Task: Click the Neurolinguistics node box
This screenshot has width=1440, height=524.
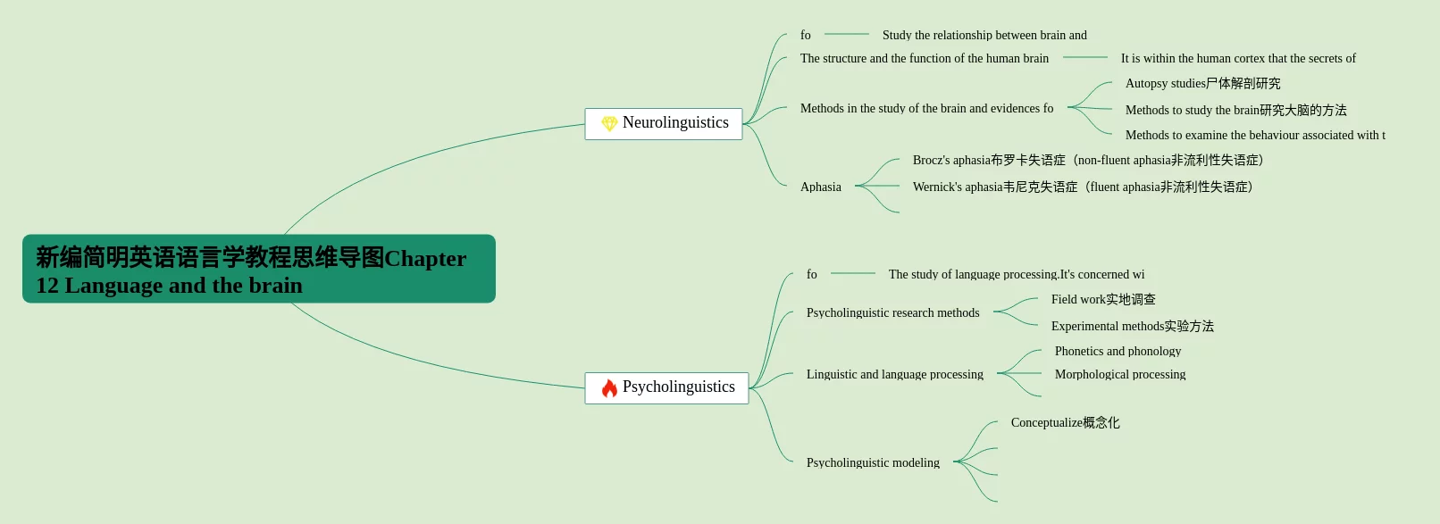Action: coord(664,123)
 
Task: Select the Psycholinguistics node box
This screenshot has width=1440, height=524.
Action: coord(666,387)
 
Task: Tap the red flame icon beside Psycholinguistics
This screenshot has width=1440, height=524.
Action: coord(609,388)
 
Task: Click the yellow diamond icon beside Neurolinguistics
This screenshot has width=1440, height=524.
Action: coord(609,123)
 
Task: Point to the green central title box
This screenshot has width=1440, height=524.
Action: coord(259,269)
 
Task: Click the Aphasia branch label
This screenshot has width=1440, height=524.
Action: coord(820,187)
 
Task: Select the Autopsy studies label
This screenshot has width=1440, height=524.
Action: coord(1202,83)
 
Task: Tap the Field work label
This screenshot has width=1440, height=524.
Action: coord(1103,299)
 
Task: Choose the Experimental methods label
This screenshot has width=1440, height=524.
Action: coord(1132,326)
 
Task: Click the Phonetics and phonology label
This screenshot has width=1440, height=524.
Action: coord(1118,351)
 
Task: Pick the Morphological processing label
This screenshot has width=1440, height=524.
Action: coord(1120,374)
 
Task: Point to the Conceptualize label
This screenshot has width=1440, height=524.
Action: coord(1065,422)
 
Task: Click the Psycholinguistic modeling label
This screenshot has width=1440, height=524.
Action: coord(873,462)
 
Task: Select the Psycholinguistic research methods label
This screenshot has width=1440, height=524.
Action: coord(892,312)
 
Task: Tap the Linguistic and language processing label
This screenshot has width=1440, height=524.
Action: coord(894,374)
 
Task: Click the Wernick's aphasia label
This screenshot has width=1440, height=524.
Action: coord(1083,187)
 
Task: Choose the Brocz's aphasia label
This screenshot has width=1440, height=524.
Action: coord(1087,160)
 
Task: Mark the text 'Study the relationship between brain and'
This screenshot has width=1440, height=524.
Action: coord(984,35)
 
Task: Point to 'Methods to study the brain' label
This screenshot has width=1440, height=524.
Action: coord(1235,110)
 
